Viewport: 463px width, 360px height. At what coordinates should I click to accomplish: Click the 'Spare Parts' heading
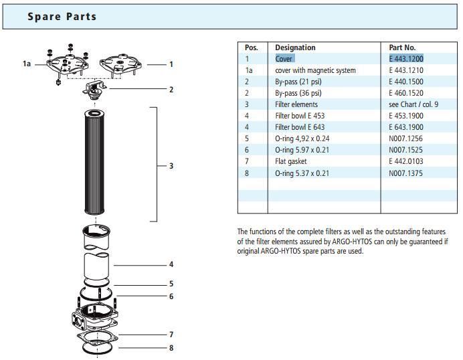(x=62, y=16)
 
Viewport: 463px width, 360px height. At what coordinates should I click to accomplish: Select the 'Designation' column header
(x=295, y=48)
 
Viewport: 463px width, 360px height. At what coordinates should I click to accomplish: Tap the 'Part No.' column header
(x=402, y=48)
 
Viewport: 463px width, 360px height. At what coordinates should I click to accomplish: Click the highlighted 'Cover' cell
(x=284, y=59)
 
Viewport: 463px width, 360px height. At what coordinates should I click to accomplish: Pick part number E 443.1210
(x=406, y=70)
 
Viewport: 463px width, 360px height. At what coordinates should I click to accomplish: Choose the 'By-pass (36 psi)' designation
(x=298, y=93)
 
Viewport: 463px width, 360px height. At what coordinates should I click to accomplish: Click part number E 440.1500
(x=406, y=82)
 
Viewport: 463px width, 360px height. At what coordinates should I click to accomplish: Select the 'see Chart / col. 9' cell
(x=413, y=104)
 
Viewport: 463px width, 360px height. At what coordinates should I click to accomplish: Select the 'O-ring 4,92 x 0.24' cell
(x=302, y=139)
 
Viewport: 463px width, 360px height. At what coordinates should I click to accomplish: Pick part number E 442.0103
(x=406, y=161)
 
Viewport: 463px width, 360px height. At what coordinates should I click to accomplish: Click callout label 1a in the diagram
(x=27, y=64)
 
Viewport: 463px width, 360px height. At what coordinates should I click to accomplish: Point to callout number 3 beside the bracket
(x=171, y=165)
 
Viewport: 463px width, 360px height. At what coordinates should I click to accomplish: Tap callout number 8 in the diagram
(x=171, y=348)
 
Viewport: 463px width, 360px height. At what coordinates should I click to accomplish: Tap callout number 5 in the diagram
(x=171, y=284)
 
